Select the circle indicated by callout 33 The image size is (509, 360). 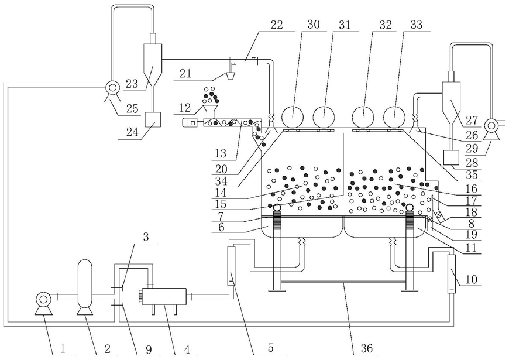tap(394, 116)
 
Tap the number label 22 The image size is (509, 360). tap(276, 25)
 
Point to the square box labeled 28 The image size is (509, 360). tap(451, 157)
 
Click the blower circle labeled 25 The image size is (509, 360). tap(113, 87)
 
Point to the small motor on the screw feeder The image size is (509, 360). tap(191, 123)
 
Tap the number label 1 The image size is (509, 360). tap(63, 349)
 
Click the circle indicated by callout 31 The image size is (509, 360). tap(324, 116)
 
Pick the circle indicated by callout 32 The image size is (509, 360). tap(363, 116)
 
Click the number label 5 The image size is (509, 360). tap(271, 348)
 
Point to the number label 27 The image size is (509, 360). tap(472, 121)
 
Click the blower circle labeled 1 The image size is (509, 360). tap(43, 300)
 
